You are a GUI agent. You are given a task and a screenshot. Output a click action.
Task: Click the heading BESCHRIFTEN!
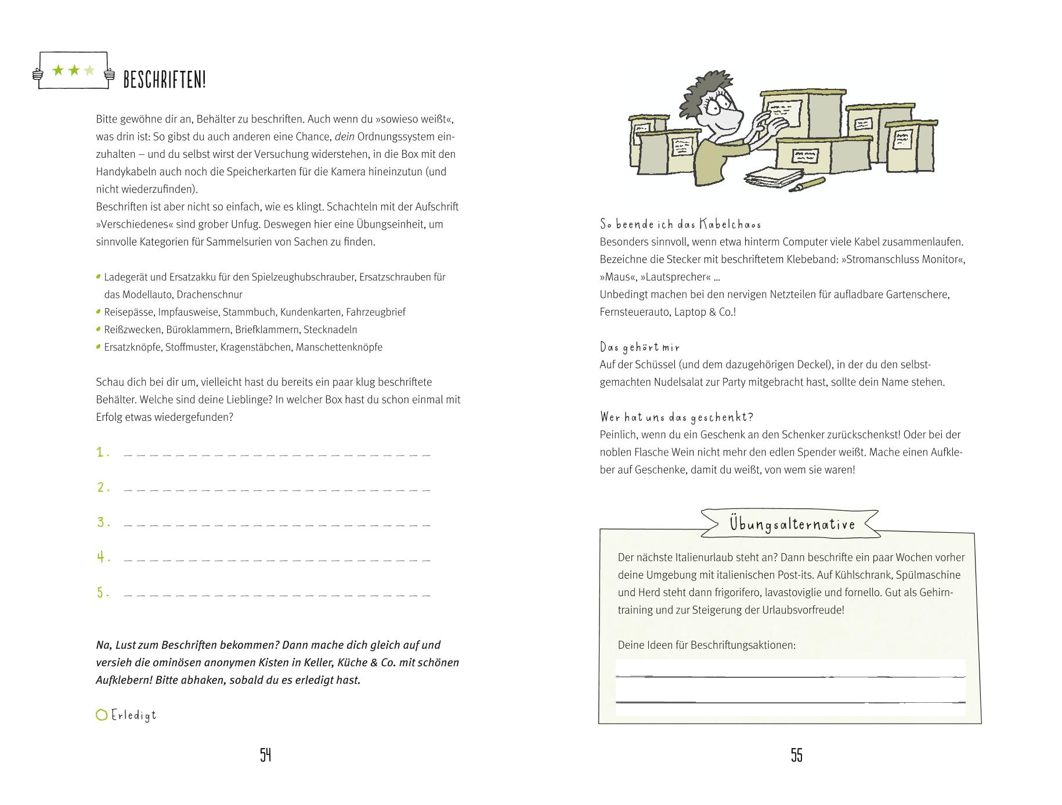[165, 80]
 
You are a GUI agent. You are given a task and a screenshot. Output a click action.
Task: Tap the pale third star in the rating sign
[89, 71]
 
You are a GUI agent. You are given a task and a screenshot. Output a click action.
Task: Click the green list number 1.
[103, 453]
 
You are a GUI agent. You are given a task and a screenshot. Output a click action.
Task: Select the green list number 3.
[103, 522]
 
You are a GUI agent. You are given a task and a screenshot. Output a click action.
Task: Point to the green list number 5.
[103, 593]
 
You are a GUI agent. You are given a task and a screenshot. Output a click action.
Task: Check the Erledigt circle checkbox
[102, 715]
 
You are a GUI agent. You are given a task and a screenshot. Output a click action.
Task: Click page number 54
[266, 755]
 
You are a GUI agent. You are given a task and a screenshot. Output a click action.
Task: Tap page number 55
[796, 755]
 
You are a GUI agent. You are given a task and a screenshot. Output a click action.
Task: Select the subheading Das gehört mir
[640, 347]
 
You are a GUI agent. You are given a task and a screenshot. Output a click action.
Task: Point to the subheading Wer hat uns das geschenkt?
[676, 417]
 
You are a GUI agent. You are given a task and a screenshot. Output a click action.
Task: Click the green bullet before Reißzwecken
[99, 329]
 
